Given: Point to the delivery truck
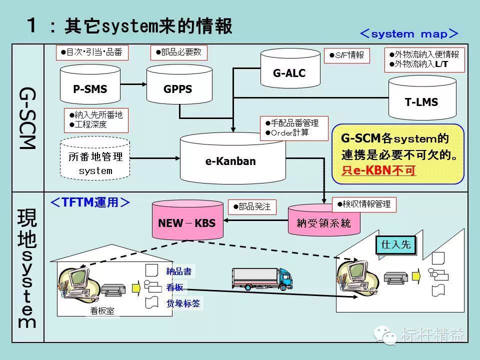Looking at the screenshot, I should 261,278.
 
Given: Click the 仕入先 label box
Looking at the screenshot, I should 395,244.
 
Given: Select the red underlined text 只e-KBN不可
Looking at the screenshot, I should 379,170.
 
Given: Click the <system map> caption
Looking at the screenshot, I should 408,34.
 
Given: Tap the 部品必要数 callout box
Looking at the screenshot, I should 178,52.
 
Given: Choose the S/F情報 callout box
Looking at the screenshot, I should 346,55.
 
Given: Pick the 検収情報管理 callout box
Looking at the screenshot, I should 364,204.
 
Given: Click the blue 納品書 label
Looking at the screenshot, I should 179,271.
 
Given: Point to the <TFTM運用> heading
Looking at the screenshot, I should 90,202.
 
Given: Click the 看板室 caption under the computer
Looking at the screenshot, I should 102,311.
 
